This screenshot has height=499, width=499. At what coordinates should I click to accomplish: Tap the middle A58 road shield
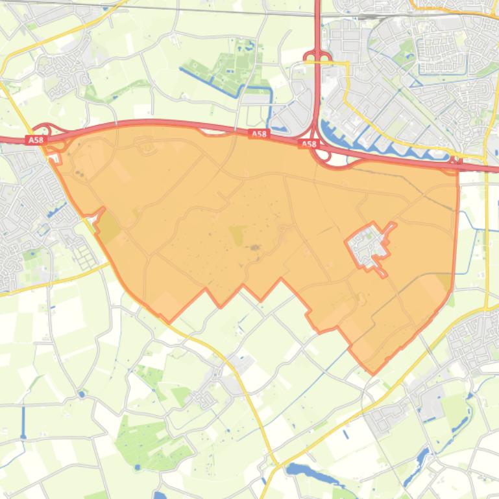tap(258, 134)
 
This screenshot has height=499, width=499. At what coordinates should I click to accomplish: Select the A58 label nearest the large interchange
tap(309, 144)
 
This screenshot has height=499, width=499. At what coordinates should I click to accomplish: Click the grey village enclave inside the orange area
tap(368, 246)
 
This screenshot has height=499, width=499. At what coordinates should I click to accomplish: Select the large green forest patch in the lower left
tap(146, 441)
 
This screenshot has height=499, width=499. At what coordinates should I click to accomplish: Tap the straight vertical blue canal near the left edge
tap(24, 421)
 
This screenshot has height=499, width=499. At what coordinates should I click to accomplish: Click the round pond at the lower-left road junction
tap(81, 394)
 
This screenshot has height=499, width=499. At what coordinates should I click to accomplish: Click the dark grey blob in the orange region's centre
tap(254, 247)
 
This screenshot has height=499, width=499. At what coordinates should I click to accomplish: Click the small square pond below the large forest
tap(160, 496)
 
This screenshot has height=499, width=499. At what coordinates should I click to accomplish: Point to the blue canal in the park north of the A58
tap(214, 80)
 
